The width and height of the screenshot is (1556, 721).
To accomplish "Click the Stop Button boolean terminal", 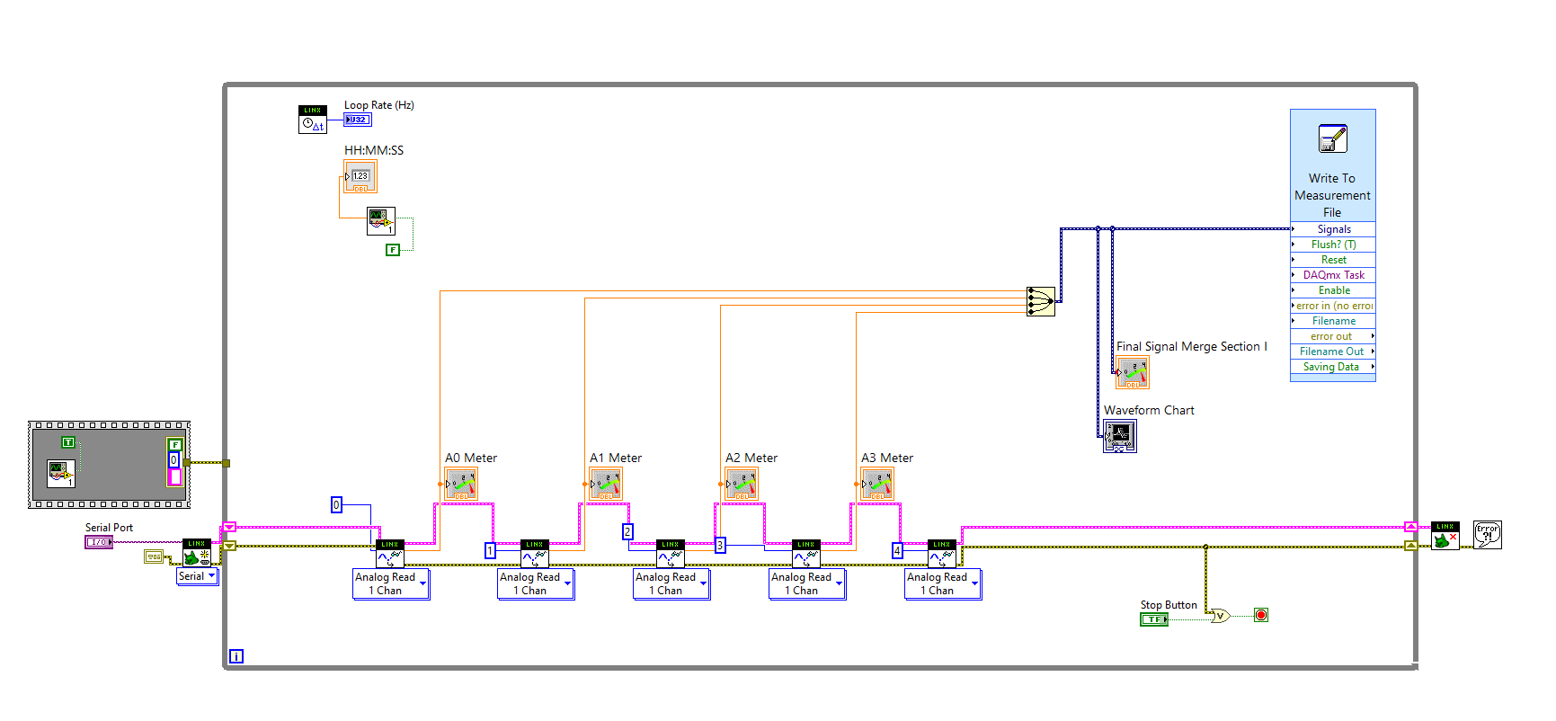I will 1153,619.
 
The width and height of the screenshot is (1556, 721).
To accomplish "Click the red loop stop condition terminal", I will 1261,615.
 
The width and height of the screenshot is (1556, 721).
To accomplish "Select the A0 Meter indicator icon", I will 461,485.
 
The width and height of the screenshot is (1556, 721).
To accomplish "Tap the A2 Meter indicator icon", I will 742,485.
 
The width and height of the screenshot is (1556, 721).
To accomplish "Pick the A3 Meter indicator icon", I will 877,485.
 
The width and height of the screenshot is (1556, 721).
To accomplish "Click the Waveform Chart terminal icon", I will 1120,436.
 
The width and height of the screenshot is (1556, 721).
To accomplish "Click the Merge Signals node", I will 1040,301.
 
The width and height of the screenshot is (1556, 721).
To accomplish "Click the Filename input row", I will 1333,321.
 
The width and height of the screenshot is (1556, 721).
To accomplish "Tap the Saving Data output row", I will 1332,367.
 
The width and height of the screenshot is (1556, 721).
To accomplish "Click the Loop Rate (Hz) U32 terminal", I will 357,120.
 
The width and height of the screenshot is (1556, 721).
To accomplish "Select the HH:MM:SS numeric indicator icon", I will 360,176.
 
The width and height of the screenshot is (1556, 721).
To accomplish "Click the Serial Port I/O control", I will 98,542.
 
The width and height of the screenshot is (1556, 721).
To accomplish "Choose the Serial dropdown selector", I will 197,576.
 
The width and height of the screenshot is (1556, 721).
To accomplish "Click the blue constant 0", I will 336,504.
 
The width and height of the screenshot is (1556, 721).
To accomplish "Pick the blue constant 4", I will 897,550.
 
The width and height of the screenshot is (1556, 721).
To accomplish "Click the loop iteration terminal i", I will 236,656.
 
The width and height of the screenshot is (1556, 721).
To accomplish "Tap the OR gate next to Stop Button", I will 1220,616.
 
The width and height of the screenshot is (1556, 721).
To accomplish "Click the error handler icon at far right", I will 1487,535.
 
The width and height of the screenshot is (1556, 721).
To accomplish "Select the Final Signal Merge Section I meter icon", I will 1133,372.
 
